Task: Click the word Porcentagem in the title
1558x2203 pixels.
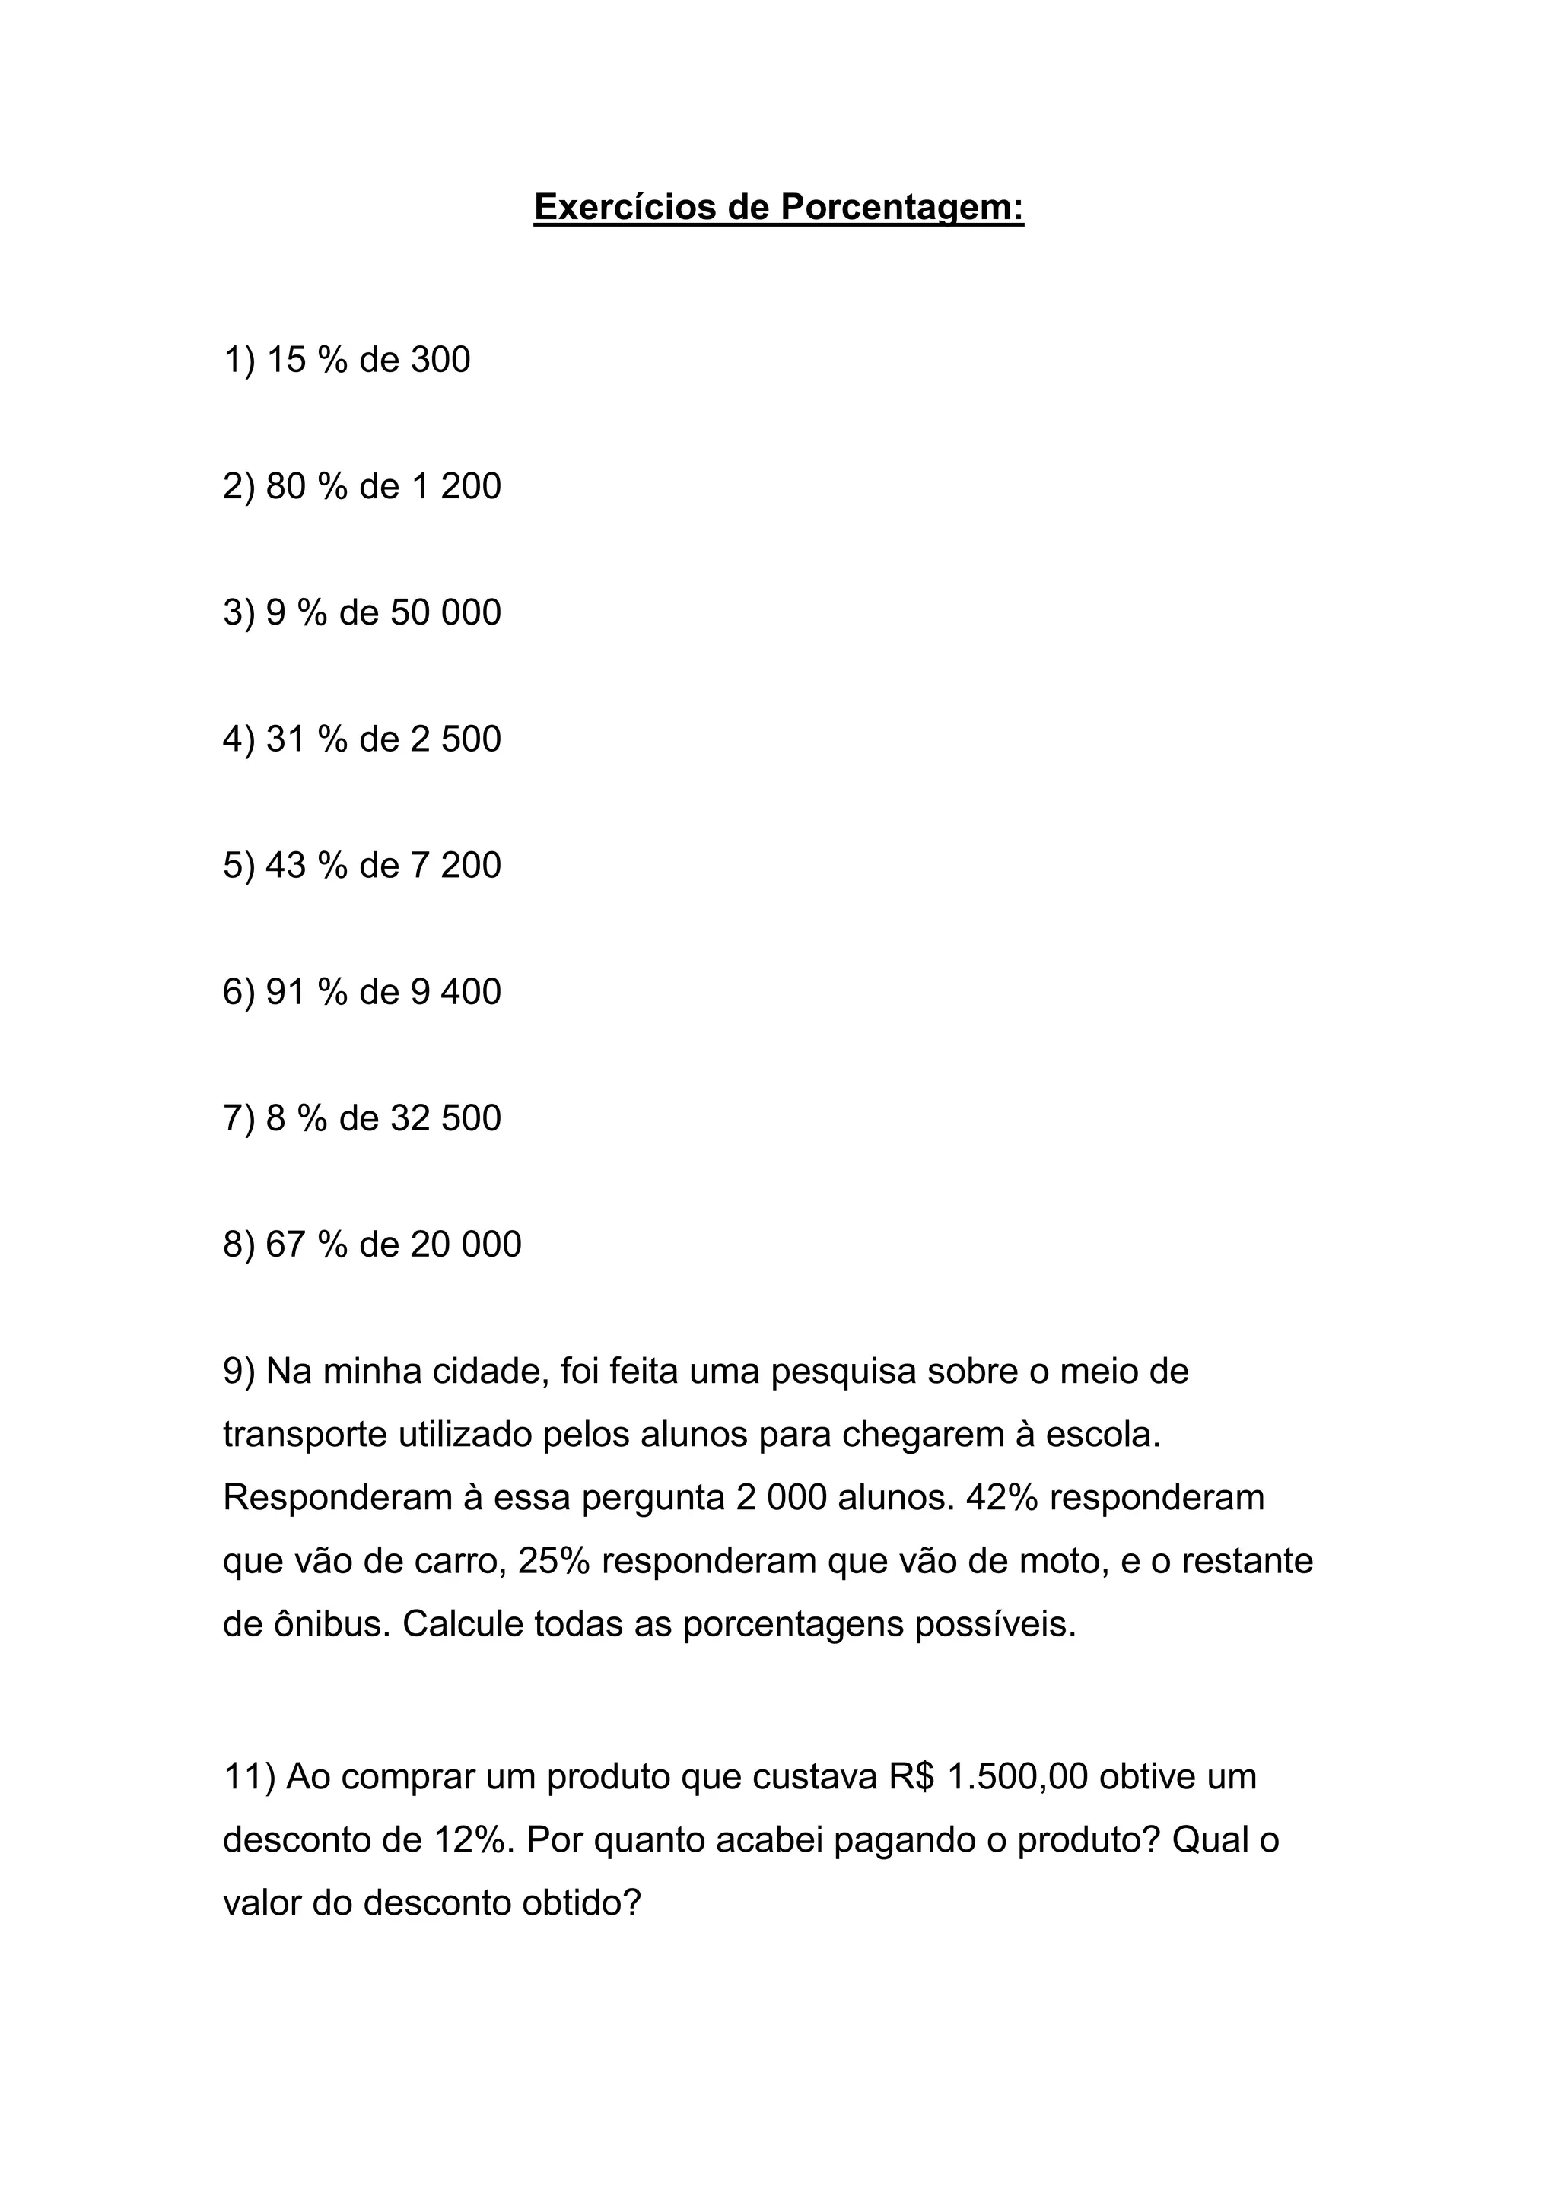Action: (901, 207)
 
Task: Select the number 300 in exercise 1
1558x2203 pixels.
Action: (440, 360)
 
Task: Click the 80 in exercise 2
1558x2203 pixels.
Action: (285, 486)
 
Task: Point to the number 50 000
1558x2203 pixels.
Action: (445, 613)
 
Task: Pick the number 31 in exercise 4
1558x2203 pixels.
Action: (285, 739)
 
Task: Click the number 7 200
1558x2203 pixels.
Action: (456, 866)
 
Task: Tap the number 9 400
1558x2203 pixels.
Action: (456, 992)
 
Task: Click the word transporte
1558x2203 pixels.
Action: (305, 1435)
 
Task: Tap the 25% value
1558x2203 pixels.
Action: (554, 1561)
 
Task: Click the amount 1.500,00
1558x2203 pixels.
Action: (1017, 1777)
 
